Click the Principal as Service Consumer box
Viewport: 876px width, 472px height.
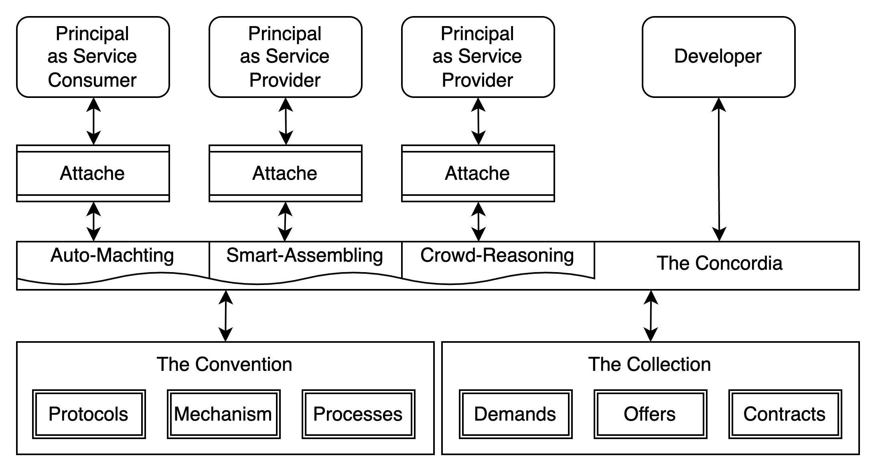point(93,57)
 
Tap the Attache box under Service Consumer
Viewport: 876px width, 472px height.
point(93,173)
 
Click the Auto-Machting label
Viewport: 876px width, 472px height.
point(112,256)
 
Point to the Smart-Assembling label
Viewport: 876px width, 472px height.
point(305,256)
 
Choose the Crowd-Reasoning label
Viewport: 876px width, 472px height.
point(497,256)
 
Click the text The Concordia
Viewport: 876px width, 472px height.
point(719,264)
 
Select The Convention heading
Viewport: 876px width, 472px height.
point(224,364)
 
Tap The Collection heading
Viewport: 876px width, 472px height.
point(649,364)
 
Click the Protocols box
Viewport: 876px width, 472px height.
point(89,414)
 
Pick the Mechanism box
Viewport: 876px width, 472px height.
point(223,414)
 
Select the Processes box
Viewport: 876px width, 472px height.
point(358,414)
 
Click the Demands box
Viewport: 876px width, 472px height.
point(515,414)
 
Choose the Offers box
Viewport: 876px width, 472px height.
point(650,414)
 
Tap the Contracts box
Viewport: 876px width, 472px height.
point(785,414)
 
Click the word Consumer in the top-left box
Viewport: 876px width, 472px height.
point(93,80)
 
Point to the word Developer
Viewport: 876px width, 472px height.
point(718,57)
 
